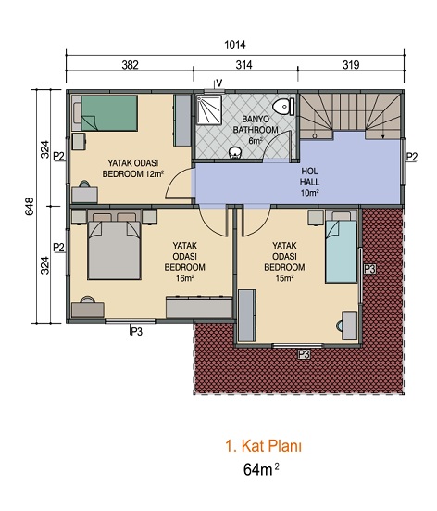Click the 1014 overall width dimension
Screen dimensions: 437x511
[x=235, y=45]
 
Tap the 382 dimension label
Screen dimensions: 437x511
[x=131, y=65]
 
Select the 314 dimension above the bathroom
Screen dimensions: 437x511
[x=243, y=65]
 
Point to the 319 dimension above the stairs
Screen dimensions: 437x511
[x=351, y=65]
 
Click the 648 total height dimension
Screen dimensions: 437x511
[x=30, y=206]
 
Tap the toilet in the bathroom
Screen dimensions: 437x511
[x=283, y=107]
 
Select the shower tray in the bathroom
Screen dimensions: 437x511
[x=208, y=109]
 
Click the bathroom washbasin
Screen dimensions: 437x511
[x=235, y=152]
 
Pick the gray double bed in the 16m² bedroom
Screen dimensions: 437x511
[x=114, y=245]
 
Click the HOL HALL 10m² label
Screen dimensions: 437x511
[x=309, y=182]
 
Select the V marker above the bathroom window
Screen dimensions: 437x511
[x=219, y=83]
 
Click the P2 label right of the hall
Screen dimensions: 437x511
[x=412, y=157]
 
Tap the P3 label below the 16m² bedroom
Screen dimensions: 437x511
[x=137, y=332]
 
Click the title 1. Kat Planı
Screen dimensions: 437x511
[x=263, y=446]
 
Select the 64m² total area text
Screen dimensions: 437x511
[x=261, y=469]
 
